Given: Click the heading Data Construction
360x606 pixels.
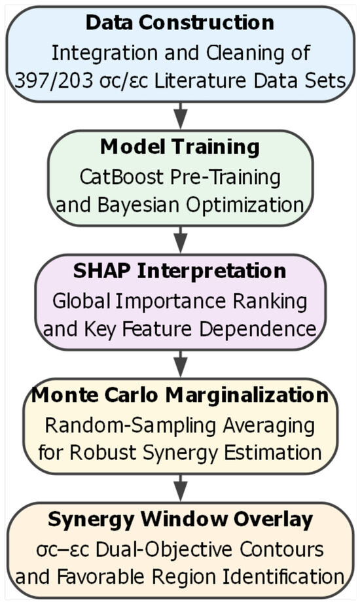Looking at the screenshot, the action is pos(180,22).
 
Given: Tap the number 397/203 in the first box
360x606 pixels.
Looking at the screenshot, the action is pos(54,80).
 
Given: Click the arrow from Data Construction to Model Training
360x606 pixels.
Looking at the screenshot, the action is pos(180,116).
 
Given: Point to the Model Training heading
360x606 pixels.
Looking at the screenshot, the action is pos(180,147).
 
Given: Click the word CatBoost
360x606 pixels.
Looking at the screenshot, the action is pos(121,177).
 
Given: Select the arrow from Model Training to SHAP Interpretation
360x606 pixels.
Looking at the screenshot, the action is pos(180,240).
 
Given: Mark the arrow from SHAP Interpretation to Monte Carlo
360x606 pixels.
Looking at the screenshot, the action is pos(180,364).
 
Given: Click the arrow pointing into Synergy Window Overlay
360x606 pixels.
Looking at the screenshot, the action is pos(180,488).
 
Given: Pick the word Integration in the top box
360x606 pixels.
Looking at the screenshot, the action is pos(105,53).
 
